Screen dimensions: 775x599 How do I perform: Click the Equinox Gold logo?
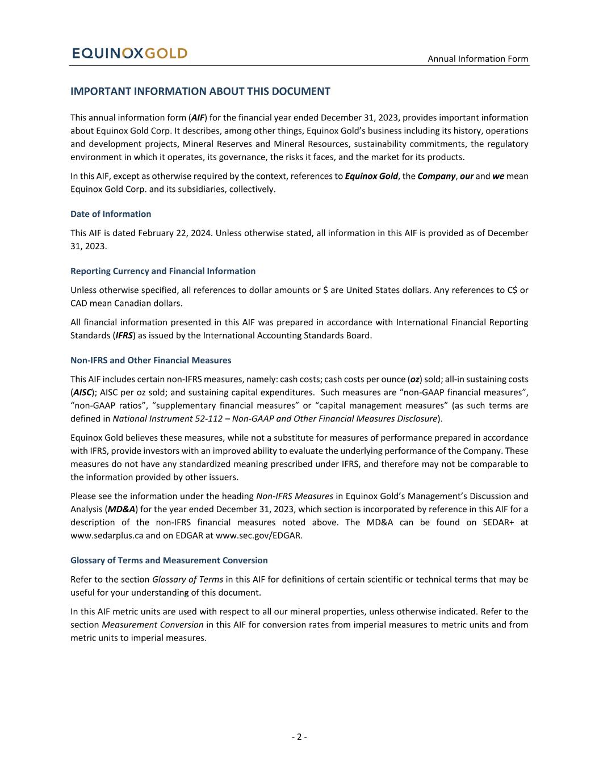129,53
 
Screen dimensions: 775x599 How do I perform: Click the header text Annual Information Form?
477,58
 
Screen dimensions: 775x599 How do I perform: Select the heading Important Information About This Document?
200,91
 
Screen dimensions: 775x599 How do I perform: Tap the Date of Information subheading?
111,214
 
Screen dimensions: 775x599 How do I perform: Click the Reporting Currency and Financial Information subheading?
163,271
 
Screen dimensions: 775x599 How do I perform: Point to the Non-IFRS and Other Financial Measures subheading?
150,360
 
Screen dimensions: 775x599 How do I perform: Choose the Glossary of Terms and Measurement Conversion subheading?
169,560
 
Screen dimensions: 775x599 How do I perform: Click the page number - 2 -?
299,737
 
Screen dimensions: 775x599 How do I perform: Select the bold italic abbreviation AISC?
82,392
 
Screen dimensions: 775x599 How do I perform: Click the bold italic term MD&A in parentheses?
122,509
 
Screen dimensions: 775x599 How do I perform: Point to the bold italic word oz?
415,379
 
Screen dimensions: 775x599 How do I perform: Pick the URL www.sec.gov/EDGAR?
259,535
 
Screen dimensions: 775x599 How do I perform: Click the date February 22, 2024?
174,233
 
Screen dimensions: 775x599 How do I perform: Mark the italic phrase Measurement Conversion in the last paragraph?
152,625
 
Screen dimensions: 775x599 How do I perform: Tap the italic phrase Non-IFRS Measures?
295,496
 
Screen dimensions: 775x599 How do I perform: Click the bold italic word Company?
436,176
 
